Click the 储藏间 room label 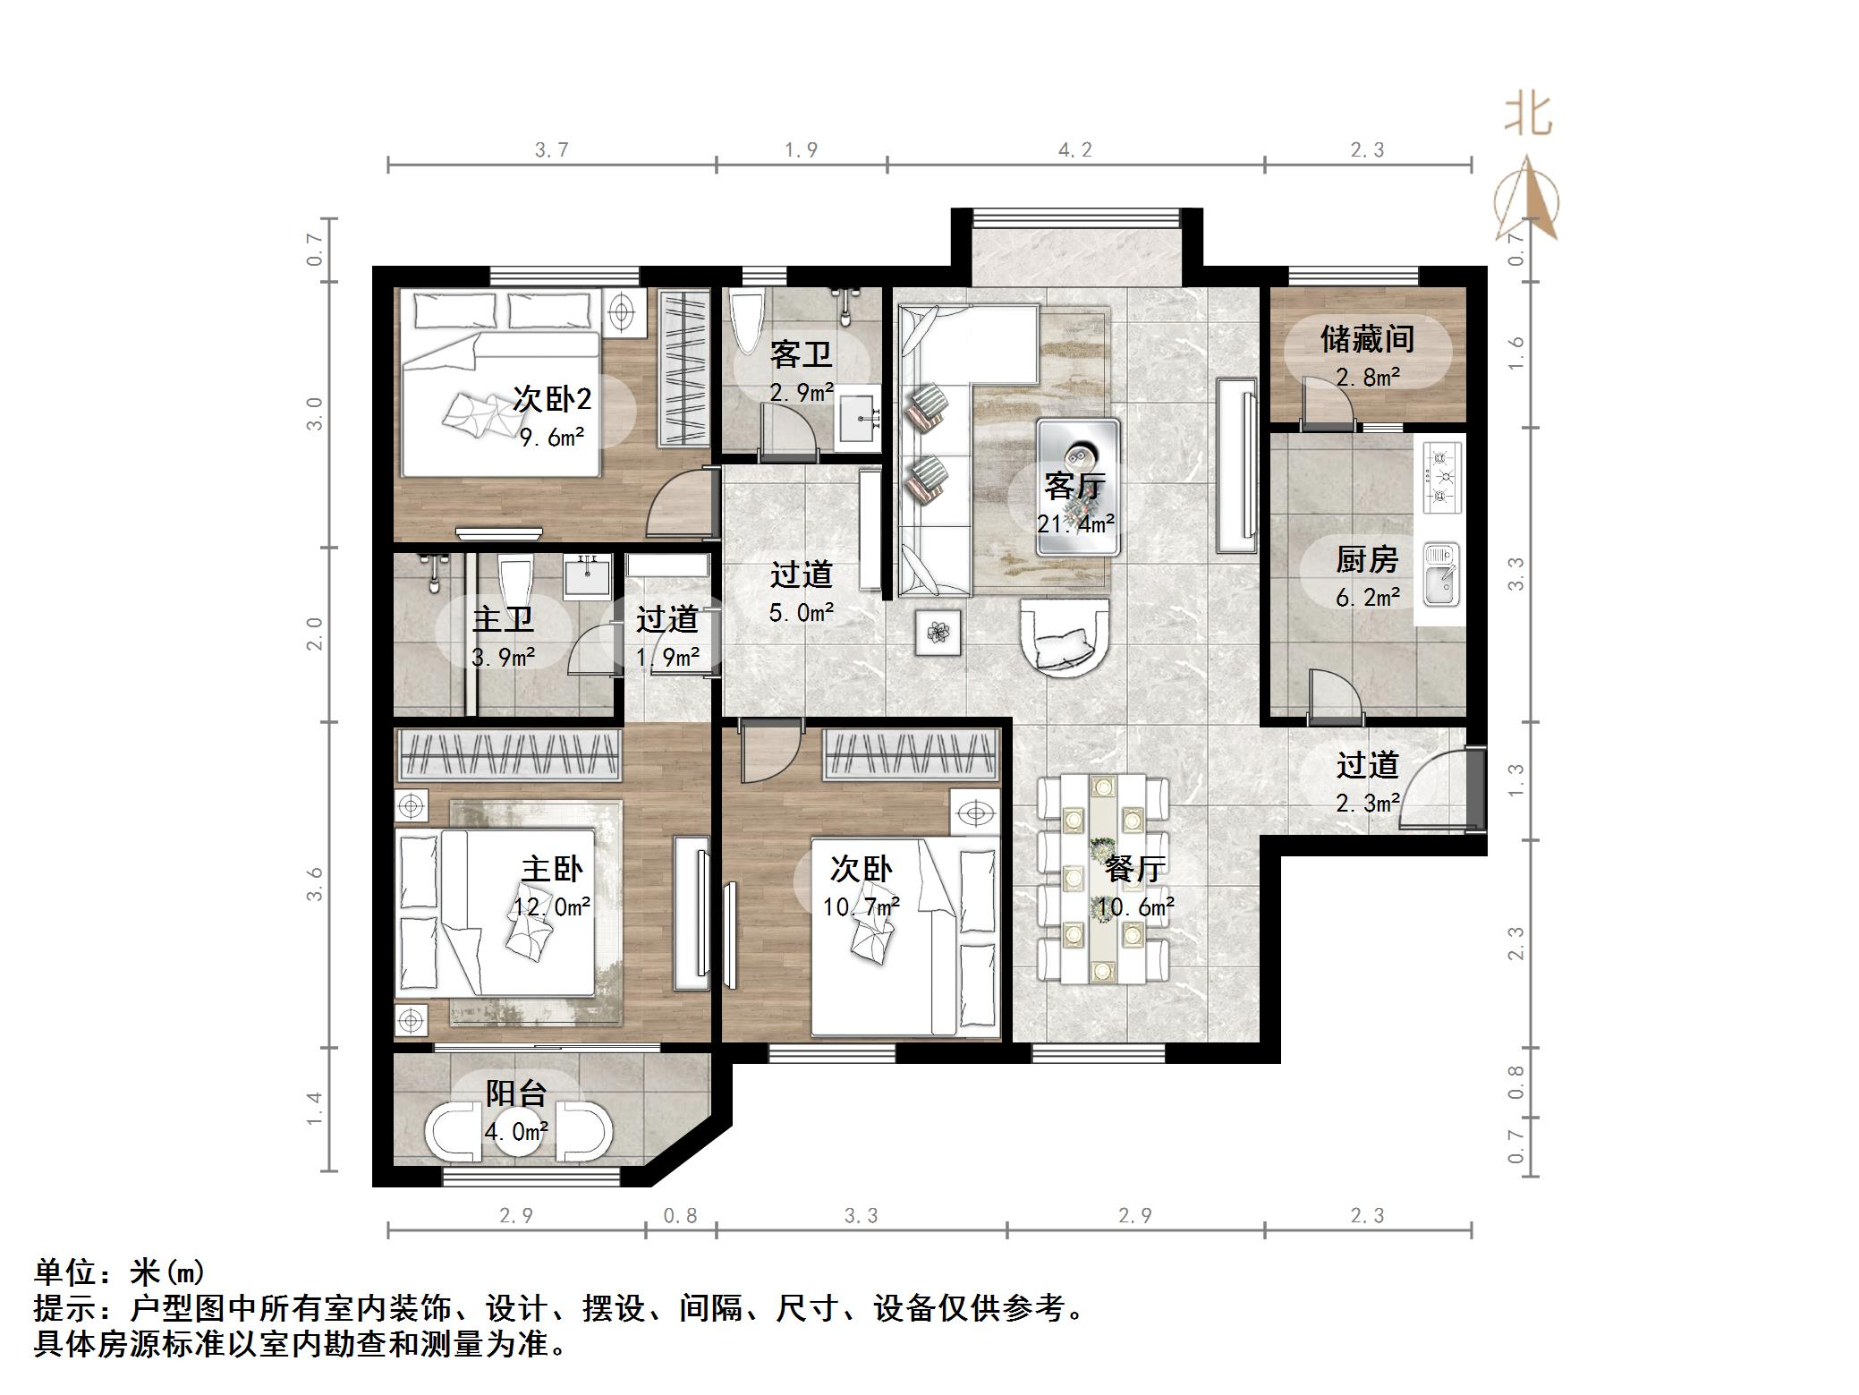(x=1367, y=339)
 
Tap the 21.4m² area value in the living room (x=1076, y=523)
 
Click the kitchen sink (x=1440, y=573)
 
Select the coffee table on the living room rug (x=1078, y=488)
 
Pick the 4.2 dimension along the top (x=1075, y=150)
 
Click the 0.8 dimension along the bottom (x=680, y=1216)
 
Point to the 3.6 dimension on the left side (x=314, y=884)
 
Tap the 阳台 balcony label (x=516, y=1093)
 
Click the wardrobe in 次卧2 (x=684, y=368)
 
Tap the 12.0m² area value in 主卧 (x=552, y=907)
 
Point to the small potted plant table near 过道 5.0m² (x=938, y=634)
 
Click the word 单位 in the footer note (x=66, y=1271)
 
